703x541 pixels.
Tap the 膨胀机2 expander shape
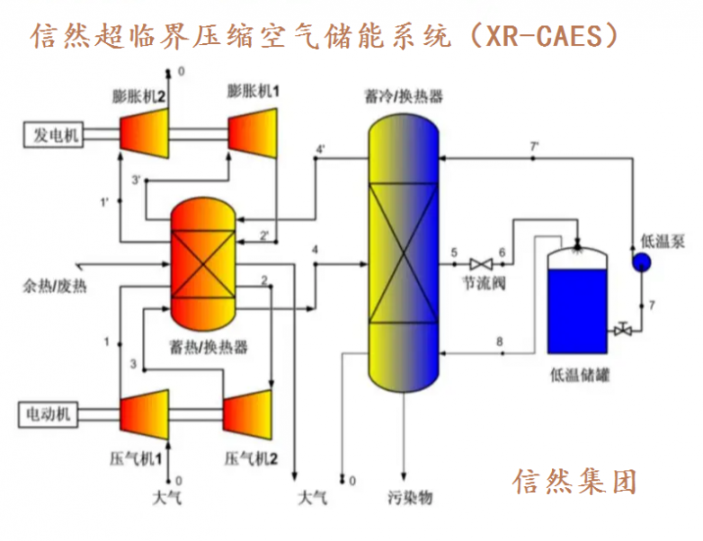145,134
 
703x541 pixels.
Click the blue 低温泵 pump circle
642,262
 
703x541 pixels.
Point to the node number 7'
534,146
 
